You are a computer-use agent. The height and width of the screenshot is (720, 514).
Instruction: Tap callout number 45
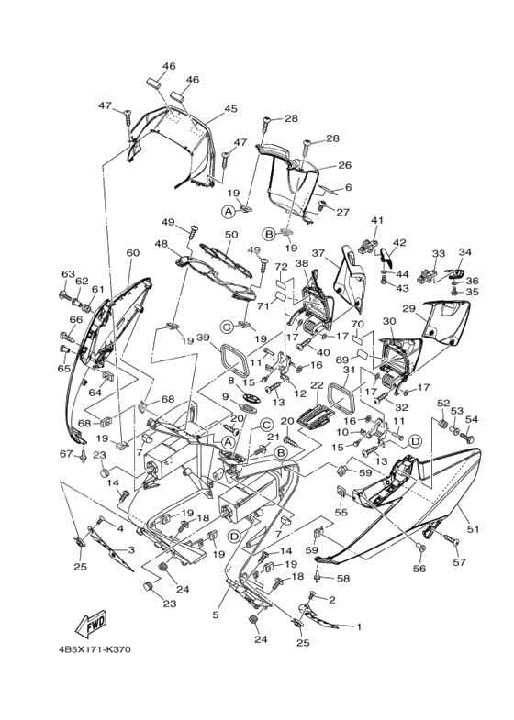(229, 109)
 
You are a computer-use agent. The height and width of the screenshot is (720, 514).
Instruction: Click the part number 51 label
(474, 529)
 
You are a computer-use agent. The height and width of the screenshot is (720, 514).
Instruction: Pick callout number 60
(132, 253)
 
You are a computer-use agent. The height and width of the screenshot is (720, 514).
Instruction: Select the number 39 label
(203, 338)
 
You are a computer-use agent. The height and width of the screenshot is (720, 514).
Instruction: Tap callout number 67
(67, 455)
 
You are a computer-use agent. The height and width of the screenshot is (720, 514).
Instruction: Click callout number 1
(359, 628)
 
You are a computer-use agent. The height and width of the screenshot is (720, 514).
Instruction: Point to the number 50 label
(230, 236)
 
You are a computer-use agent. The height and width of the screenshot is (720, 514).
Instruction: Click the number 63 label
(67, 273)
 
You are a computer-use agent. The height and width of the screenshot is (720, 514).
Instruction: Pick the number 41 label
(376, 221)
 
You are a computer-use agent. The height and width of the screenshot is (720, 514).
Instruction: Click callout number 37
(319, 254)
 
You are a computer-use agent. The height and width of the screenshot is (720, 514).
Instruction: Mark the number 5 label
(216, 615)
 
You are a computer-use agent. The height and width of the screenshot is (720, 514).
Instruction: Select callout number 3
(130, 549)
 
